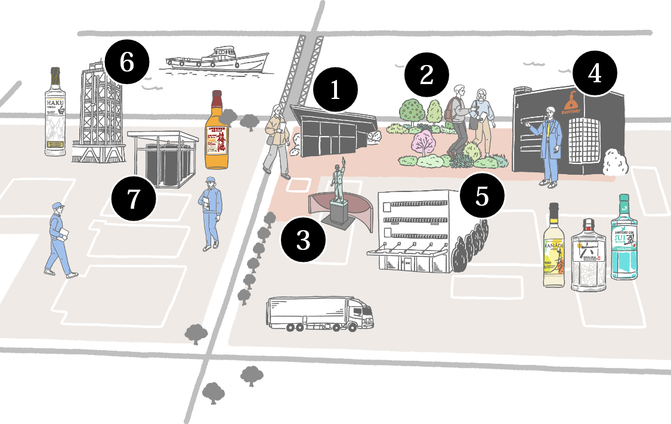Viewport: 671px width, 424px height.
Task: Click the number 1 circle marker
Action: (335, 90)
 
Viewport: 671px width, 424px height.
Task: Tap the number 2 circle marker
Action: (426, 75)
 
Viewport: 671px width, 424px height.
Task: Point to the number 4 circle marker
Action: (595, 73)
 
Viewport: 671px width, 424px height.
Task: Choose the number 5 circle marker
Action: (483, 195)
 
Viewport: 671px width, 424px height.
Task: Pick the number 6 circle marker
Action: (126, 62)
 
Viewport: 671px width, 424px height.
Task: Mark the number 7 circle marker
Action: (134, 199)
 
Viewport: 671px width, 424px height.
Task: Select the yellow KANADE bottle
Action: (555, 247)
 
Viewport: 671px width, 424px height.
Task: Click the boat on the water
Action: (218, 60)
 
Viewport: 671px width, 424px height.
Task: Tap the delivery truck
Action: (320, 314)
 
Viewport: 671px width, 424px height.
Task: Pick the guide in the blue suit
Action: (550, 147)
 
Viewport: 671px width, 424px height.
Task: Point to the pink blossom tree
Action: (425, 144)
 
